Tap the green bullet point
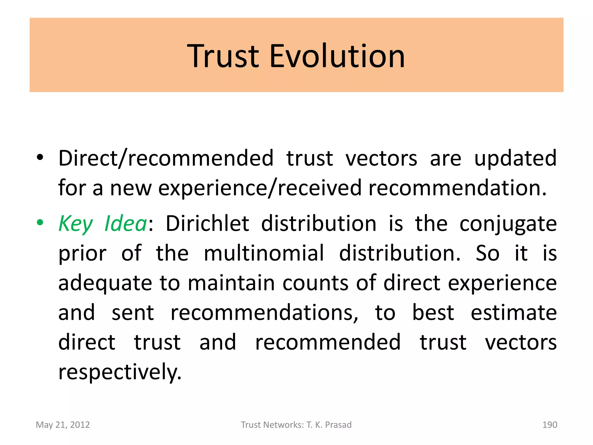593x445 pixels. (40, 223)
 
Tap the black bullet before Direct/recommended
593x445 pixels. (40, 158)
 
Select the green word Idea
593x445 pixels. (126, 223)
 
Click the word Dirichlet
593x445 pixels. (207, 223)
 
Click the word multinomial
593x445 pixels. (264, 253)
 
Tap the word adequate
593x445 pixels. (105, 283)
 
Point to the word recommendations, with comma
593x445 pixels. (264, 313)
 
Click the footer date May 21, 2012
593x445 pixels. (63, 425)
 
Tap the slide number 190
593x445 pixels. (550, 425)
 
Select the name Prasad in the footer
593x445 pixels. (338, 425)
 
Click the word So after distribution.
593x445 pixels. (488, 253)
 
